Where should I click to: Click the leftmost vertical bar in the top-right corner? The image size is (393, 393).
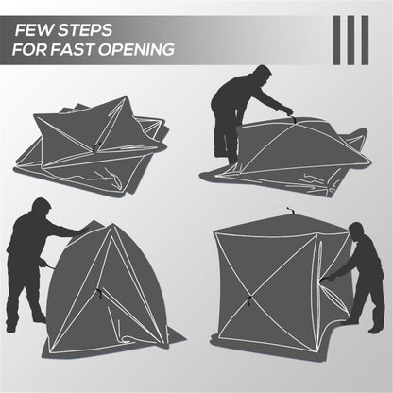337,40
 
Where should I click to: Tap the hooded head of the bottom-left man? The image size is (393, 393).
39,209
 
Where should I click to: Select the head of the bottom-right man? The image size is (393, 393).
356,232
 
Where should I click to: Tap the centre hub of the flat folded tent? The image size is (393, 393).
94,146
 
